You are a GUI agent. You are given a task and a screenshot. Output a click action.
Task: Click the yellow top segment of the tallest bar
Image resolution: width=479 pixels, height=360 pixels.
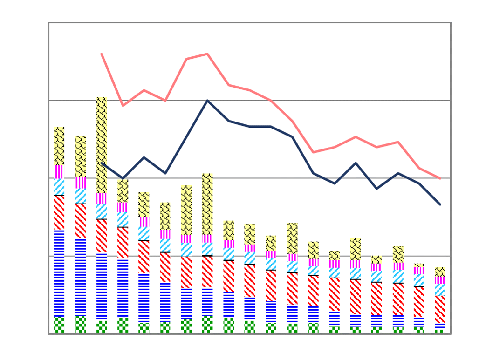click(x=102, y=144)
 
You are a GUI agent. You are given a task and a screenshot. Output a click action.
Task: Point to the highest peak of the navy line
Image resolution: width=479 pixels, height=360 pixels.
click(x=207, y=101)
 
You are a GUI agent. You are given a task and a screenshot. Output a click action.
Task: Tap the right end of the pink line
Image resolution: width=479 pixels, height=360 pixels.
click(x=440, y=178)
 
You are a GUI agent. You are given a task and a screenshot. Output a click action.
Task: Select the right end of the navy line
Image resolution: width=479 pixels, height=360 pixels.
click(x=440, y=204)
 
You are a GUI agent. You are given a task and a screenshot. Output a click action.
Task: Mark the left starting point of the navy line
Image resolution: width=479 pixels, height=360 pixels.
click(x=102, y=163)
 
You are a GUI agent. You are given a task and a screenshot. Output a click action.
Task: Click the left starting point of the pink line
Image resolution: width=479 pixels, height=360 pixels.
click(x=102, y=54)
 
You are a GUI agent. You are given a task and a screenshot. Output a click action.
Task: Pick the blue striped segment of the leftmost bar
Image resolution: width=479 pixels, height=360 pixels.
click(x=59, y=273)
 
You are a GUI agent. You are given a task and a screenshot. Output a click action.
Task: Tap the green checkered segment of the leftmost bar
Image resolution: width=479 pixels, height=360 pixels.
click(x=59, y=325)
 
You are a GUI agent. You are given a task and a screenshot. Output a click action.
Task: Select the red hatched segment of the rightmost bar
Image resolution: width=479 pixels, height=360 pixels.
click(x=440, y=309)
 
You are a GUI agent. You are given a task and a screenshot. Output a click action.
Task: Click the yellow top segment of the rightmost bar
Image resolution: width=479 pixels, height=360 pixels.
click(x=440, y=272)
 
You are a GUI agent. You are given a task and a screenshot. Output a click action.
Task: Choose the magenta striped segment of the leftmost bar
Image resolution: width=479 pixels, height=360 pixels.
click(x=59, y=171)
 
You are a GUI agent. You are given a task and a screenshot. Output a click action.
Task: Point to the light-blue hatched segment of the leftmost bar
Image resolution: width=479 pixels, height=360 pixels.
click(x=59, y=187)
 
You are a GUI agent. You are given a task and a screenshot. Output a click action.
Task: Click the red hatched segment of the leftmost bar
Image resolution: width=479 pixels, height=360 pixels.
click(x=59, y=212)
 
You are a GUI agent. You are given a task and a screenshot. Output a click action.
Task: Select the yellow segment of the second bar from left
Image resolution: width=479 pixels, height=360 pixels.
click(x=81, y=156)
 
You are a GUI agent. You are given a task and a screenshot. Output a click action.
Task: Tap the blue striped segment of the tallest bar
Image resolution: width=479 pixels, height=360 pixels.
click(x=102, y=286)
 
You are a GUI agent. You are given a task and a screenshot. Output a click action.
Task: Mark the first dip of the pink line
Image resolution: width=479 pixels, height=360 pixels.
click(x=123, y=106)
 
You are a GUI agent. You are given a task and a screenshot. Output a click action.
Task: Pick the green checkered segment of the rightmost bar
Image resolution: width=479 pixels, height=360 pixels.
click(x=440, y=331)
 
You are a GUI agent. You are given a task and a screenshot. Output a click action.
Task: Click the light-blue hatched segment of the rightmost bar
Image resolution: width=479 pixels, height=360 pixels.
click(x=440, y=290)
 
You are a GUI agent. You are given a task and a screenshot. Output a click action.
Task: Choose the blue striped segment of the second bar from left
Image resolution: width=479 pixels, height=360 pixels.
click(x=81, y=278)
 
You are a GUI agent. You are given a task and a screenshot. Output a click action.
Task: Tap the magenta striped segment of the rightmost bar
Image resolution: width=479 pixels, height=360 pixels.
click(x=440, y=280)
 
